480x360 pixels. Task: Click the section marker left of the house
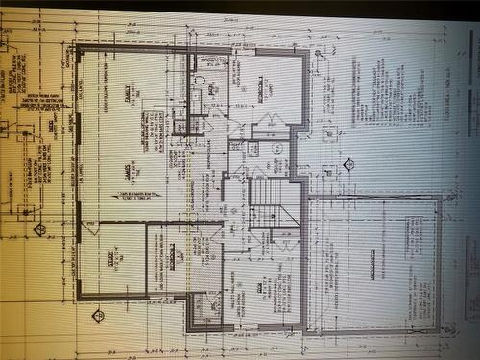tap(40, 228)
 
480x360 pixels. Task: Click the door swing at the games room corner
tap(89, 228)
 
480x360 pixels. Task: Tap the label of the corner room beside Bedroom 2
tap(173, 256)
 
